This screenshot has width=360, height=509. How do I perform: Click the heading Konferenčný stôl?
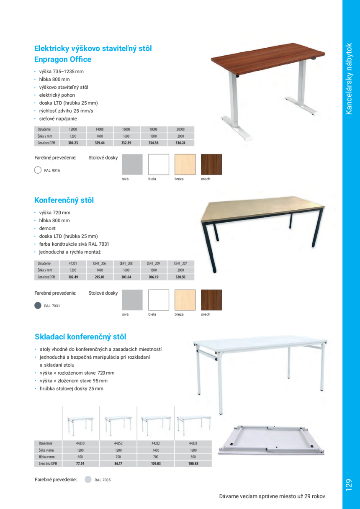64,200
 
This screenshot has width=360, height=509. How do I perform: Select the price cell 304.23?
73,143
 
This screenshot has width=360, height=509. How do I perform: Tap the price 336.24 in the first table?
180,143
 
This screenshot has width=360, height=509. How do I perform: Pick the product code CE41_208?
126,263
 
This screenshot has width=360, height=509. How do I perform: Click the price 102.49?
73,277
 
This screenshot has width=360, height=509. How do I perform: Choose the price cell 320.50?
180,277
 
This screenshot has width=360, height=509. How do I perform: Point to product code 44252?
118,442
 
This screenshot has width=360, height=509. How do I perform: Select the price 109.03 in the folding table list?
156,463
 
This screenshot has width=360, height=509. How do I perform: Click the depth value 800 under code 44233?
193,457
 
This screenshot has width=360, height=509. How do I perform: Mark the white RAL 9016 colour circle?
38,170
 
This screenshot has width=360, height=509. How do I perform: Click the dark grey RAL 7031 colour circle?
38,305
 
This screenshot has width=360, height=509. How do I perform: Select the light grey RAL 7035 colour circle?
88,480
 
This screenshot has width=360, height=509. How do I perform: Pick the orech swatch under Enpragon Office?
211,165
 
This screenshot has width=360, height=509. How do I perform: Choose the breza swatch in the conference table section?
185,300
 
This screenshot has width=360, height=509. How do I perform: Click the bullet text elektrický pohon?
57,95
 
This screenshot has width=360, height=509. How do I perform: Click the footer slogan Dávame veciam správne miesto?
272,496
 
